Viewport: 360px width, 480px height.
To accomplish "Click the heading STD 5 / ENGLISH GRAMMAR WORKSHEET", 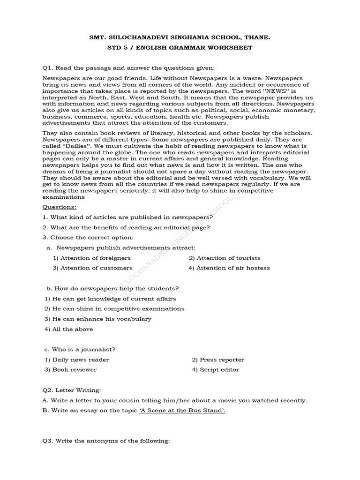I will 180,47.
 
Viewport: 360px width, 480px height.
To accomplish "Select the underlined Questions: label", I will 59,207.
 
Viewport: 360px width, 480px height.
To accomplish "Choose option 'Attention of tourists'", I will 225,258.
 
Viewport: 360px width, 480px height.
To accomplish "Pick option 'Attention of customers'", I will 93,268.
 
